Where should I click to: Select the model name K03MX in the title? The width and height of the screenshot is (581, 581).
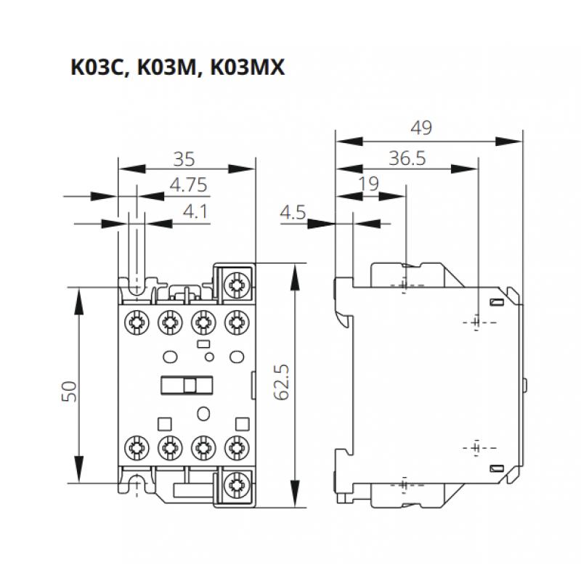point(247,68)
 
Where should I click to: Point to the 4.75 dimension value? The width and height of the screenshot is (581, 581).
point(189,185)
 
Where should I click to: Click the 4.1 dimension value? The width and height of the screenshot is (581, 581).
point(195,212)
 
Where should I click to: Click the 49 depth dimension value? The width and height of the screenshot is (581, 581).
point(420,128)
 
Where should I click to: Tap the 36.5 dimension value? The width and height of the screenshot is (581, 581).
point(407,158)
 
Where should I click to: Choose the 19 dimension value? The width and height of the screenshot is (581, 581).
point(369,184)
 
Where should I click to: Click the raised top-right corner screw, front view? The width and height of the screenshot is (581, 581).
point(235,285)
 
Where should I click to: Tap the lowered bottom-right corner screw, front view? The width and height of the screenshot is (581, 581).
point(235,483)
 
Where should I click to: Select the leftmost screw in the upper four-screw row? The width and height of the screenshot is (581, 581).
point(135,320)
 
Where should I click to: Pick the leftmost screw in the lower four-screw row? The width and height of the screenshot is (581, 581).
point(135,445)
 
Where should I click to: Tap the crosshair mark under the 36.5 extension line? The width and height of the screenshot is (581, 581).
point(476,321)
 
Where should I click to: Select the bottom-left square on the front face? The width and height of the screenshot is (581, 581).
point(163,420)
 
